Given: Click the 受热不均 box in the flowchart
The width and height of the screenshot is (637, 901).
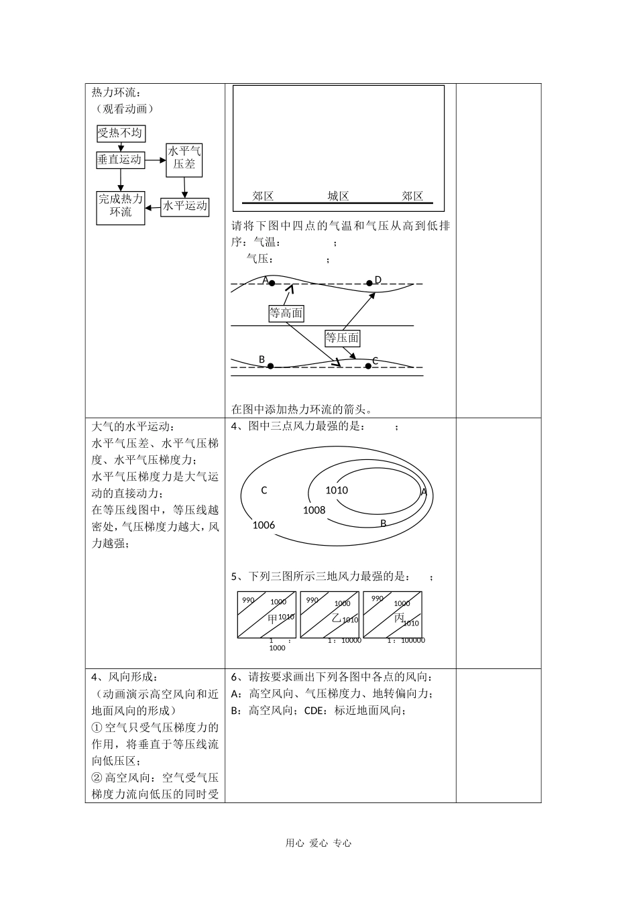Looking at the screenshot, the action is (121, 133).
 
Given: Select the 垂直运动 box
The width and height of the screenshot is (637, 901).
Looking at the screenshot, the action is (120, 160).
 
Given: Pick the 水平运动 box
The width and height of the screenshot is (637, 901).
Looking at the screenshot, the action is (185, 206).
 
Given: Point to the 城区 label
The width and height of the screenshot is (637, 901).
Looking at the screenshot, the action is (338, 196).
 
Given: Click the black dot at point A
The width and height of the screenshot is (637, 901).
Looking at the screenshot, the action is (272, 283).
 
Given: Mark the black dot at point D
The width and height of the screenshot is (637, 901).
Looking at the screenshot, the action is (369, 283).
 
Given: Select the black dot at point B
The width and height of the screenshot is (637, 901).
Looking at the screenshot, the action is (270, 366).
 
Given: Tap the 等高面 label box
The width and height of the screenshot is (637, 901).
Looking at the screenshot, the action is (286, 313).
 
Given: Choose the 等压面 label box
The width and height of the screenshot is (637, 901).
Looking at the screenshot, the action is (342, 338).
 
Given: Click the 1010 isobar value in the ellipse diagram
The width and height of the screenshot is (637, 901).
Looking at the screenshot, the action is (337, 490).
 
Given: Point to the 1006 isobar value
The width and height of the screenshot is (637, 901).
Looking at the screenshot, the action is (264, 525).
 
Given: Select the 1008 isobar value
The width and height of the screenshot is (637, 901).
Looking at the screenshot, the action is (314, 510).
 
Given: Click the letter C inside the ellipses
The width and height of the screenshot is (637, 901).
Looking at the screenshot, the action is (264, 490).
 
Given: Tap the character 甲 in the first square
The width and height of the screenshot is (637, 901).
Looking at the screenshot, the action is (272, 618).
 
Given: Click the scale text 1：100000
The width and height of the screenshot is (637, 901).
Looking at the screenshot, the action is (406, 640).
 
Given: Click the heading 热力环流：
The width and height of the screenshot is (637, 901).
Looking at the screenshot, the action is (116, 93).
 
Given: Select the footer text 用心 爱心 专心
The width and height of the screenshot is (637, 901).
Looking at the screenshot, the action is (318, 843).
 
